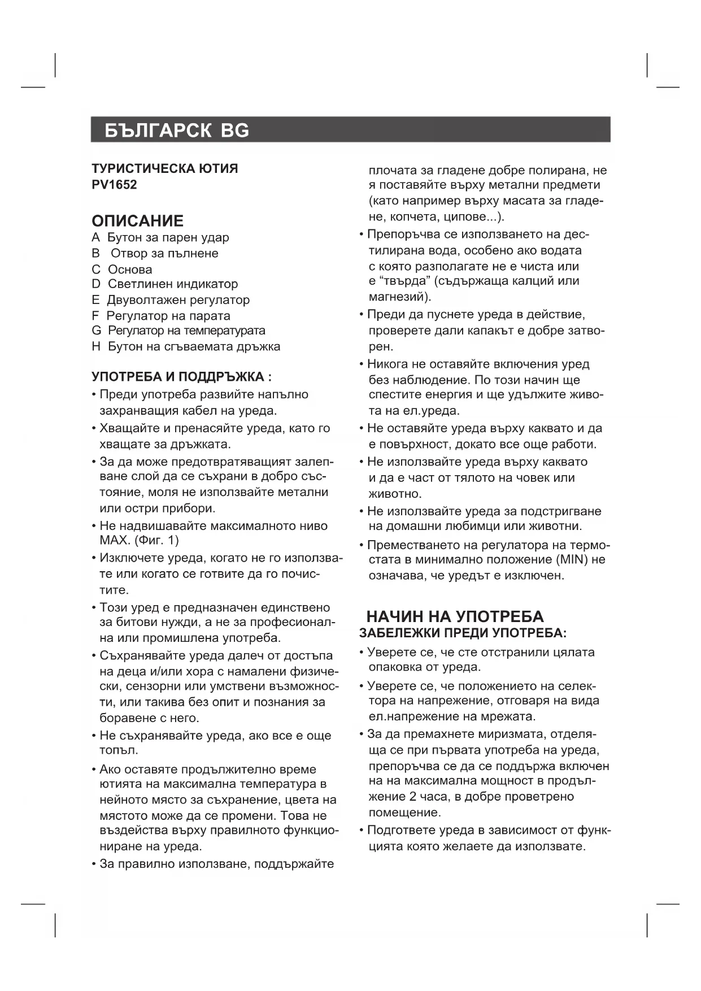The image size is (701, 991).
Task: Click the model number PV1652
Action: tap(114, 185)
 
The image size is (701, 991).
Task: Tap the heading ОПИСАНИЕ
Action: tap(137, 220)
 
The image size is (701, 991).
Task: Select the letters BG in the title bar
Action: tap(234, 131)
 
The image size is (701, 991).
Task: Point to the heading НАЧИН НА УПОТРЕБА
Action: tap(455, 616)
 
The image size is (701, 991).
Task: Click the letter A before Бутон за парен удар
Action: tap(95, 238)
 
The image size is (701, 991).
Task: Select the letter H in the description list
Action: tap(96, 346)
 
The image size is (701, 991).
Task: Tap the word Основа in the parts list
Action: tap(130, 270)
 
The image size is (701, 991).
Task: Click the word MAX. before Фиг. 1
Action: tap(115, 540)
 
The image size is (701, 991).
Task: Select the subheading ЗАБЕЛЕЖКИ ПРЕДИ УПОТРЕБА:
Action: tap(463, 633)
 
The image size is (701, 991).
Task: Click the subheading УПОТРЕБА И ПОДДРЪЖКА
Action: tap(181, 377)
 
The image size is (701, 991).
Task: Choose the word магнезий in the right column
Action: tap(398, 297)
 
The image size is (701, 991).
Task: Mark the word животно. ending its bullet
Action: tap(395, 494)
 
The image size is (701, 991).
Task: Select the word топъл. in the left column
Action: tap(119, 750)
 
